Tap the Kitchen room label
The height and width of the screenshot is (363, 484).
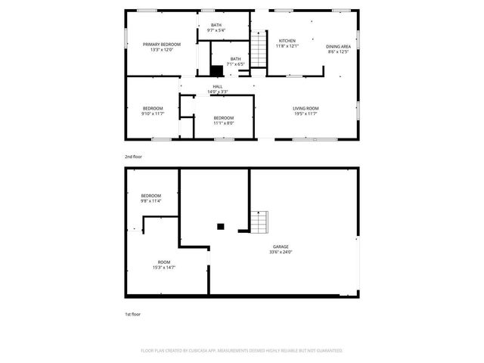[x=287, y=41]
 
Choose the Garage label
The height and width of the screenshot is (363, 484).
[x=281, y=247]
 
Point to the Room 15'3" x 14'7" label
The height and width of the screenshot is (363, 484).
[x=163, y=265]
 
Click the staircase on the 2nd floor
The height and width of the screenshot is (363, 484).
[x=259, y=50]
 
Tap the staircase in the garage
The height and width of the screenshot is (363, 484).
[x=259, y=222]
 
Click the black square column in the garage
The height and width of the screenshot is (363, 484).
[x=220, y=225]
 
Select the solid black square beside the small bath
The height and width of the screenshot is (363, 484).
[x=217, y=70]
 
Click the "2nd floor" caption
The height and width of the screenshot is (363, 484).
[x=133, y=157]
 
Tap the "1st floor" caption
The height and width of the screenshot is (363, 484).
[x=132, y=314]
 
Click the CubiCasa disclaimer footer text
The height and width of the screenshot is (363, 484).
[x=241, y=351]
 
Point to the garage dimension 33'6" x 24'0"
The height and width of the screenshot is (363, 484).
[x=281, y=252]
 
